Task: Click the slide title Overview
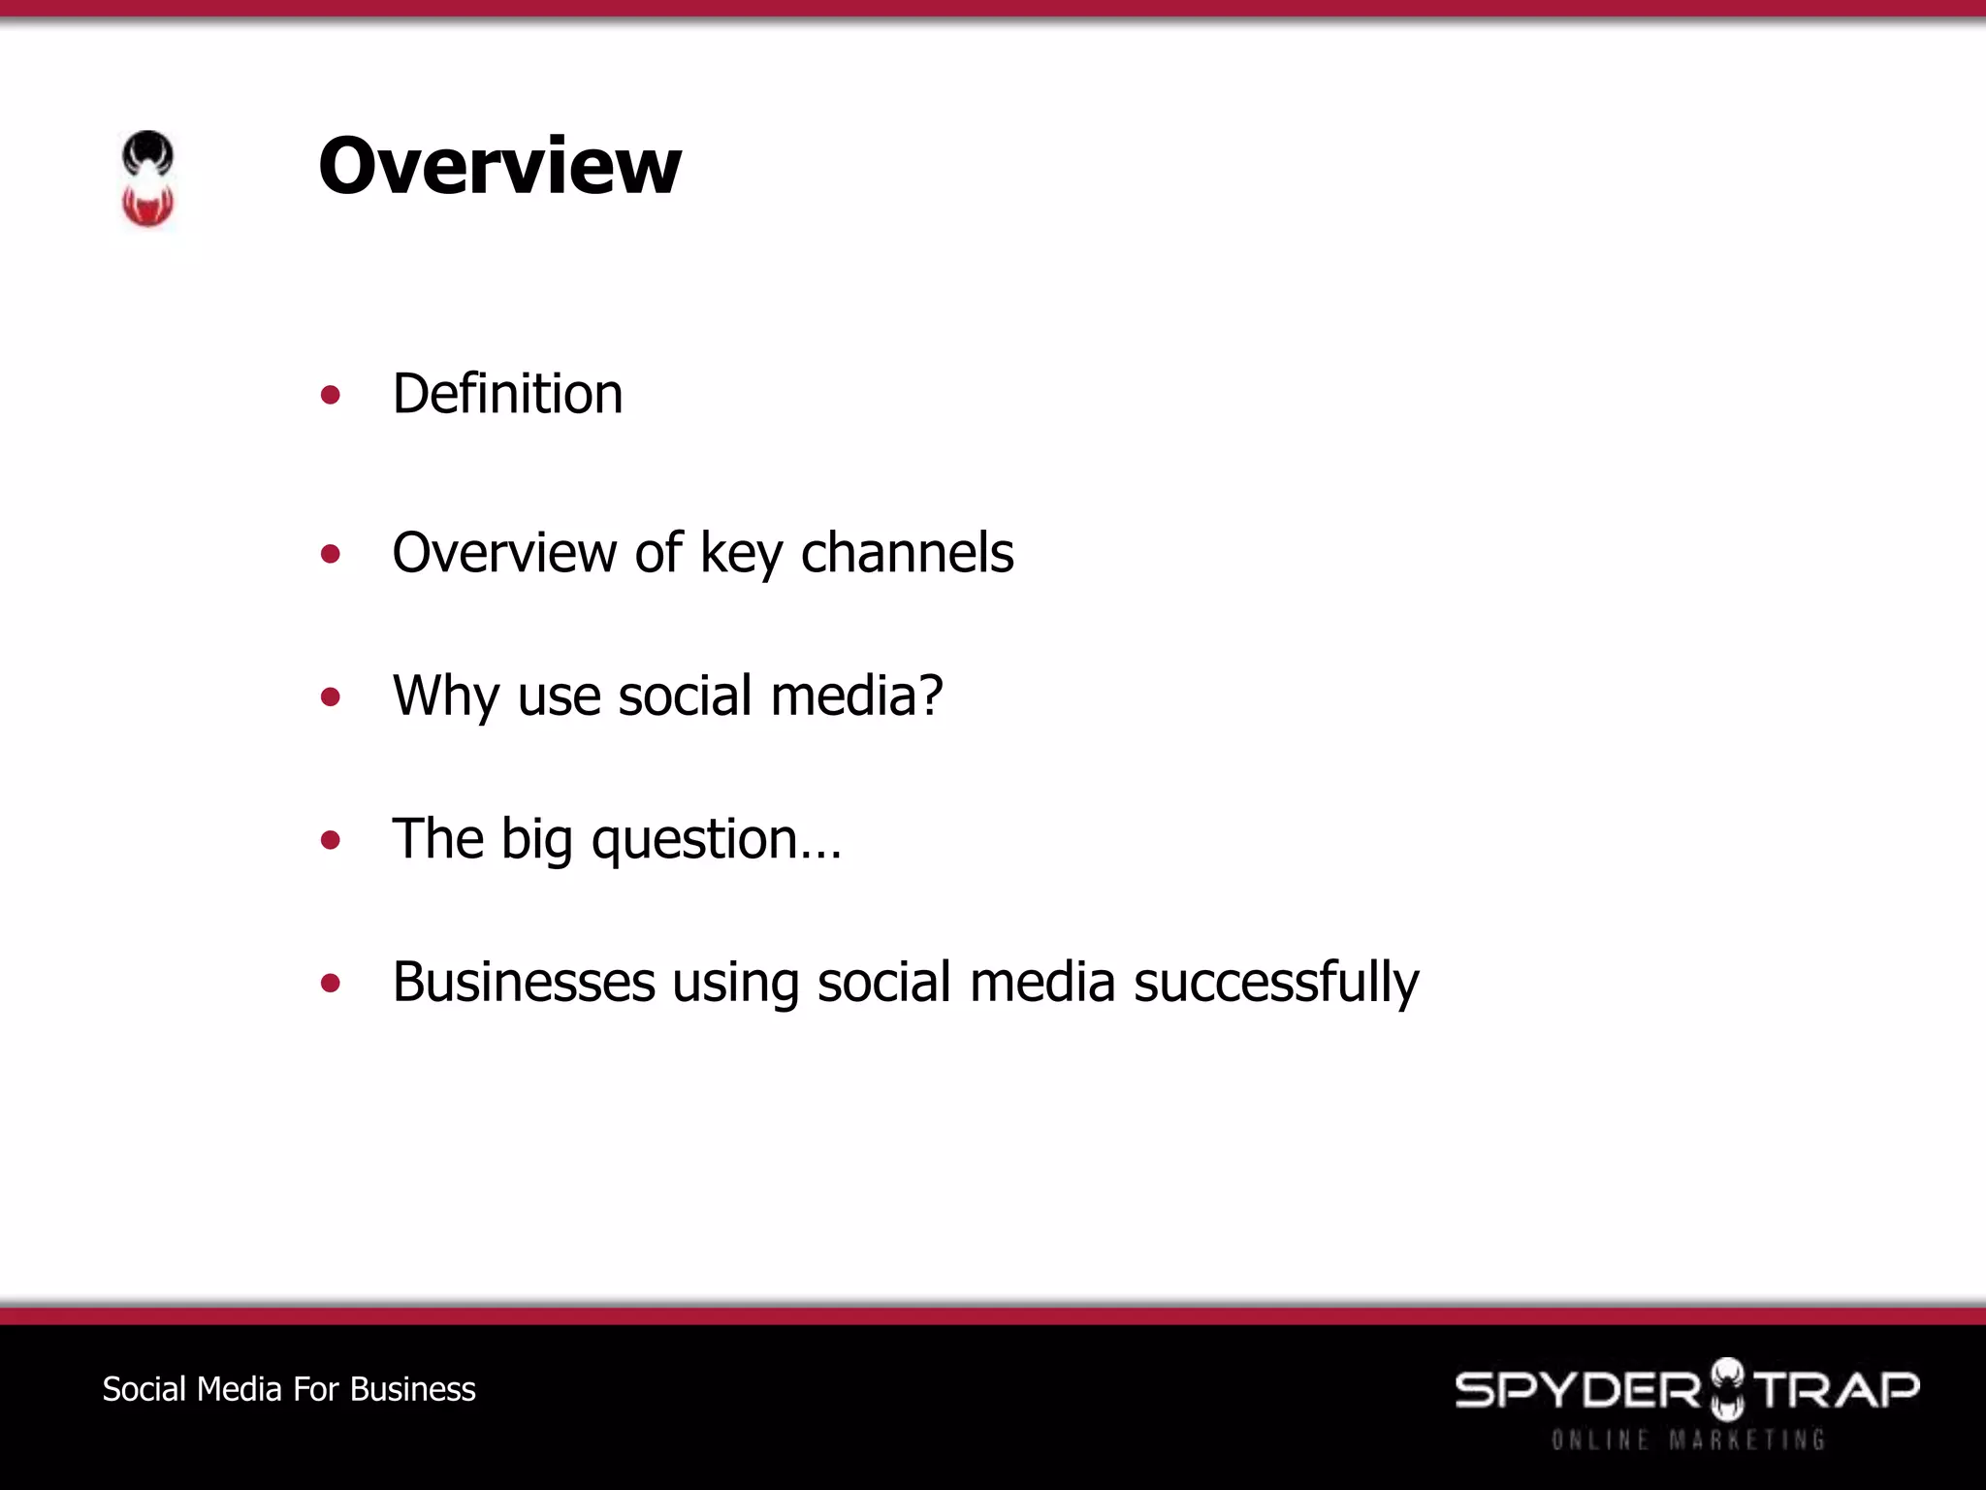click(499, 166)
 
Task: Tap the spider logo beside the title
click(147, 179)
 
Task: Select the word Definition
click(507, 394)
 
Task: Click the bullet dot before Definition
click(331, 395)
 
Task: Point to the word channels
click(907, 553)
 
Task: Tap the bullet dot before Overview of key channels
click(331, 554)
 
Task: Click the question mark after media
click(929, 695)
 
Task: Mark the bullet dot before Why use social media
click(331, 696)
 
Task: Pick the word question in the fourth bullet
click(694, 840)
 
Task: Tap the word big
click(536, 840)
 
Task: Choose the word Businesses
click(524, 982)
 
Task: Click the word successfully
click(1276, 983)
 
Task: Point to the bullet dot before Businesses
click(331, 983)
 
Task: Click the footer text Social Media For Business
click(289, 1389)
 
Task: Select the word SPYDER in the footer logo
click(1577, 1390)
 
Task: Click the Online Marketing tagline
click(1688, 1441)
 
